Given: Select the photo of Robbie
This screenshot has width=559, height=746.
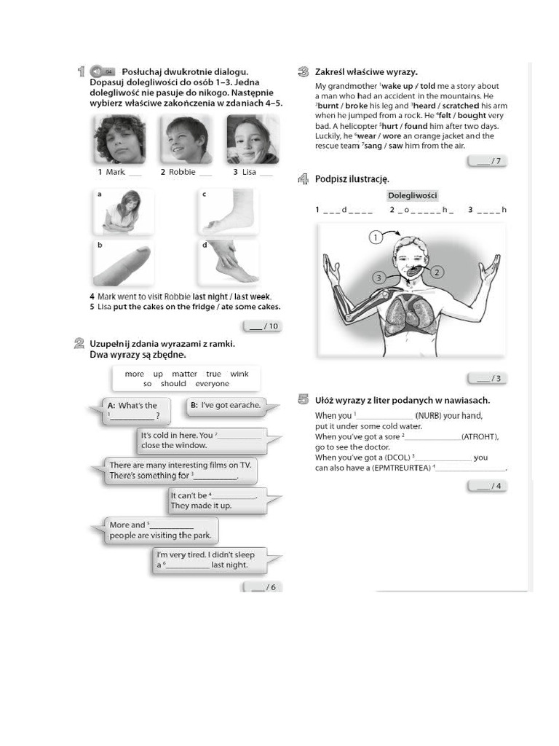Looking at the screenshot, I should point(186,139).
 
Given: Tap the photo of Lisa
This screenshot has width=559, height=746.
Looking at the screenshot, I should point(252,139).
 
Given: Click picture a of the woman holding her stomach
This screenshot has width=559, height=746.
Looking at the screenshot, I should point(123,212).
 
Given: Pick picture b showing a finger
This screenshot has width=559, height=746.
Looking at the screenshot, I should point(122,264).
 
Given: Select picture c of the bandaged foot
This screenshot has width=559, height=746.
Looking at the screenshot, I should point(228,212).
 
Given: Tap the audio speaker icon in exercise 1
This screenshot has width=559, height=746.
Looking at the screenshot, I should point(98,71).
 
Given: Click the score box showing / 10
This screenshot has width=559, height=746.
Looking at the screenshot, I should point(263,326).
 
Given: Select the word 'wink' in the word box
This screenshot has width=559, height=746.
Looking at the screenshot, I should point(239,374).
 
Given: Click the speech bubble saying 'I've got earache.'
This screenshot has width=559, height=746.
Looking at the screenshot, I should point(226,405).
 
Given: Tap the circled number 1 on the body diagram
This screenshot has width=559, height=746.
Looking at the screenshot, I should point(375,237).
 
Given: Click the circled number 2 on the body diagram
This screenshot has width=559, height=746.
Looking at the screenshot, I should point(437,272).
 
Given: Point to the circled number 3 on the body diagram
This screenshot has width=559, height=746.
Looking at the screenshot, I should point(378,278).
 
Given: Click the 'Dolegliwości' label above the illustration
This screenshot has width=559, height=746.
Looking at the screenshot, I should point(412,195).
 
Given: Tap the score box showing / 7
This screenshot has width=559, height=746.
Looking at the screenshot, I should point(487,161).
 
